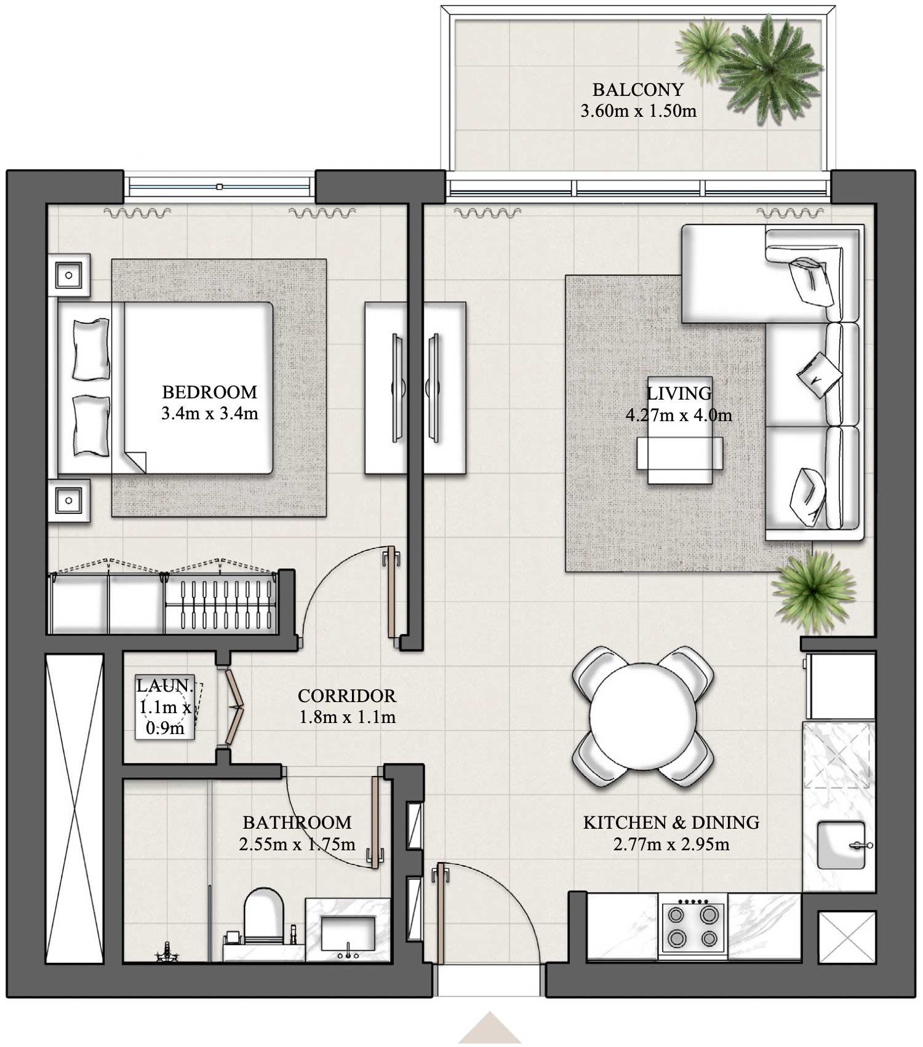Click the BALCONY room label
[638, 90]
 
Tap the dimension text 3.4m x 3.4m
[209, 414]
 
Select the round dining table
[643, 716]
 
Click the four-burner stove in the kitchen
[693, 927]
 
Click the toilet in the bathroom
[264, 916]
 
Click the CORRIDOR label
[346, 696]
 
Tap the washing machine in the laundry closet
[165, 707]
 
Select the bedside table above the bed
[69, 275]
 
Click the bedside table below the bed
[69, 500]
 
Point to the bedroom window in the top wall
[219, 186]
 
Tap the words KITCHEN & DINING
[671, 823]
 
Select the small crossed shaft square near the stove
[846, 937]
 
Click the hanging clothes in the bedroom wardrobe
[220, 605]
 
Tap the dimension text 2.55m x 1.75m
[297, 844]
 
